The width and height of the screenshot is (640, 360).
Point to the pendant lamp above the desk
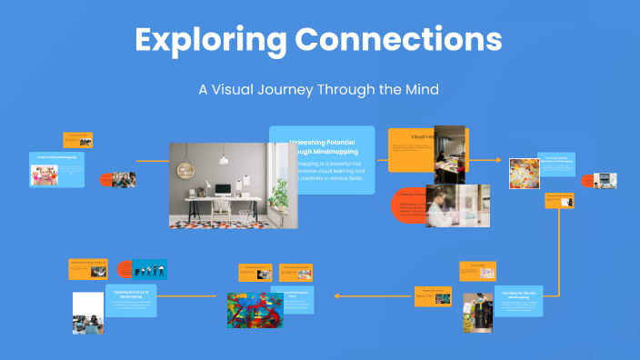click(x=223, y=158)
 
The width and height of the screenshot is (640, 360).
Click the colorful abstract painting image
click(x=255, y=310)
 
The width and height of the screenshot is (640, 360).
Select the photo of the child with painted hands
click(x=44, y=175)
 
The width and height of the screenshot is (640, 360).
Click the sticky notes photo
click(x=523, y=173)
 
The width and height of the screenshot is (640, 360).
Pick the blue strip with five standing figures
click(x=150, y=269)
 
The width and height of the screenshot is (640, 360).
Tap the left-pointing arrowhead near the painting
click(x=336, y=295)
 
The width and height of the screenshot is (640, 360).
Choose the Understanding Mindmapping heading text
click(x=56, y=156)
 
